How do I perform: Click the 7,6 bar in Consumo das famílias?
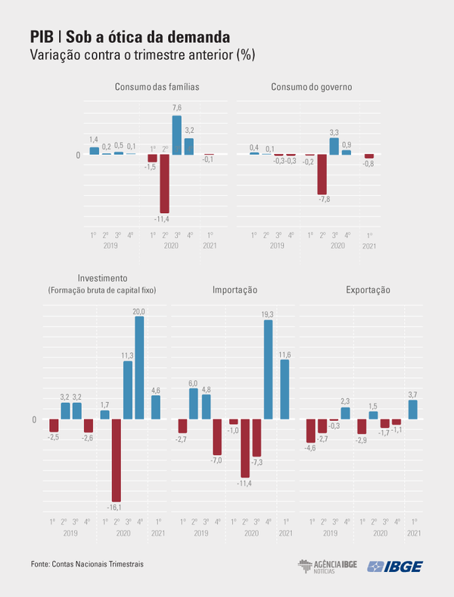click(176, 135)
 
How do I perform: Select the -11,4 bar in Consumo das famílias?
click(164, 184)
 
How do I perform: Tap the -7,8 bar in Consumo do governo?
click(322, 175)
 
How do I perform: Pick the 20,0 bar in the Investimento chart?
click(139, 367)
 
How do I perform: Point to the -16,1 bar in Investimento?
click(117, 459)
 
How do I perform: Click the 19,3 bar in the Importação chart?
click(268, 370)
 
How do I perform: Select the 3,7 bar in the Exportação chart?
click(412, 410)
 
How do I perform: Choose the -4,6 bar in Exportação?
click(310, 431)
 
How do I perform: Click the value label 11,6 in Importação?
click(285, 354)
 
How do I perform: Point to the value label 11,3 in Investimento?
click(128, 355)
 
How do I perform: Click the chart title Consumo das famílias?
click(157, 87)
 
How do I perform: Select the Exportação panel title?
click(368, 289)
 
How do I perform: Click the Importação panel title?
click(235, 289)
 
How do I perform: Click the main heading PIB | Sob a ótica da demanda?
click(130, 37)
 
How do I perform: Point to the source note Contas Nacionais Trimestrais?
click(87, 564)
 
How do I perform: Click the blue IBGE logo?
click(394, 567)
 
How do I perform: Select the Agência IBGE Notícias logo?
click(327, 567)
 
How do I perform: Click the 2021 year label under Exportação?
click(414, 534)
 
